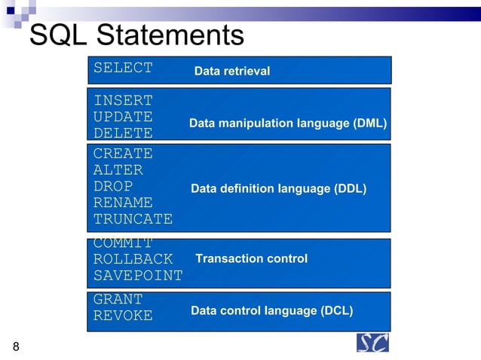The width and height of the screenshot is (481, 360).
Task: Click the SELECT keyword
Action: click(x=123, y=68)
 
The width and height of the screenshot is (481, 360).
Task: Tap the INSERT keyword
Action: click(x=123, y=100)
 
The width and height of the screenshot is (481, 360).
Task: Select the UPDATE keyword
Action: click(x=123, y=117)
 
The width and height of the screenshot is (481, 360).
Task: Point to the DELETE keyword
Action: click(x=123, y=133)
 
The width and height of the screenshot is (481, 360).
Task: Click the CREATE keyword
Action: click(x=123, y=154)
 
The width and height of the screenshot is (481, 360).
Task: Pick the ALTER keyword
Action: click(x=118, y=170)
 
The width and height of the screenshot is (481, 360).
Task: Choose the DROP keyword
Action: click(x=113, y=186)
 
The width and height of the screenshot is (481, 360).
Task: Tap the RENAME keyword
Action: click(x=123, y=203)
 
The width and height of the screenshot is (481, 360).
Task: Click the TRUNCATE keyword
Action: click(x=133, y=219)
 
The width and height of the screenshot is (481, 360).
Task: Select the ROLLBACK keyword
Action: click(x=133, y=259)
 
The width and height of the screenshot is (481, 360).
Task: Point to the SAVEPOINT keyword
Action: click(x=138, y=276)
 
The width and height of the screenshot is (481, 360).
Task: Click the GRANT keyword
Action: click(x=118, y=299)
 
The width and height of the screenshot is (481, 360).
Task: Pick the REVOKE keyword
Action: click(x=123, y=316)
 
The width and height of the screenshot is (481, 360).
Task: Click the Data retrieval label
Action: click(x=232, y=72)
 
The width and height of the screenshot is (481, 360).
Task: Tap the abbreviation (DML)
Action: click(x=369, y=123)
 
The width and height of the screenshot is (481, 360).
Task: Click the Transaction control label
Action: click(x=251, y=258)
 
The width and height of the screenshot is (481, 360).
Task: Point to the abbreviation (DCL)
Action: click(x=336, y=310)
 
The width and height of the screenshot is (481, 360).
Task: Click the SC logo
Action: click(x=372, y=342)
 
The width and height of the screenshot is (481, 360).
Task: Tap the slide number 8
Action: click(x=16, y=346)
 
